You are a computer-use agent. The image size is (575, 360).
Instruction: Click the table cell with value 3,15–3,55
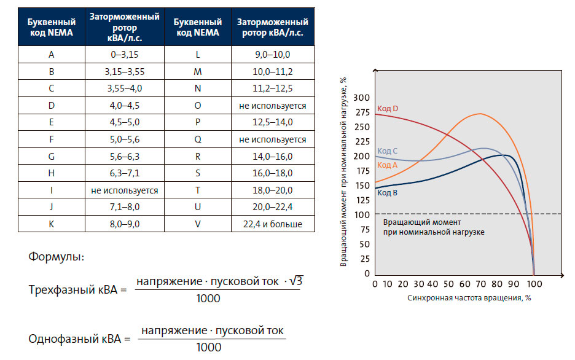pyautogui.click(x=125, y=71)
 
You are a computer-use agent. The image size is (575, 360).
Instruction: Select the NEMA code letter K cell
pyautogui.click(x=52, y=224)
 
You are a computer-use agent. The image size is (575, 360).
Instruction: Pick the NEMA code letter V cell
pyautogui.click(x=197, y=224)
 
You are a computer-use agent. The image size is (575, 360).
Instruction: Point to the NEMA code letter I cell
pyautogui.click(x=52, y=190)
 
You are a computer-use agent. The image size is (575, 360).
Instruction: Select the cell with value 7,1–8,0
pyautogui.click(x=125, y=207)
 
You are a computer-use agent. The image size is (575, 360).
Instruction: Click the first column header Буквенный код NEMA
pyautogui.click(x=52, y=28)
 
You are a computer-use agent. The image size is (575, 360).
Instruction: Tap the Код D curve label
pyautogui.click(x=388, y=109)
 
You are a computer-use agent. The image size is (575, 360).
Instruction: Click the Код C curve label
pyautogui.click(x=387, y=151)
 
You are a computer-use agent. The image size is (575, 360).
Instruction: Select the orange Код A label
pyautogui.click(x=387, y=165)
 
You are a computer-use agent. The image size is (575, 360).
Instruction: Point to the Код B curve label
pyautogui.click(x=387, y=192)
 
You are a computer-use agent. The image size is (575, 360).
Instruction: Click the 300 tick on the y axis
pyautogui.click(x=362, y=98)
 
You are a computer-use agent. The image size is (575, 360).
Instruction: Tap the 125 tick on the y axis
pyautogui.click(x=362, y=200)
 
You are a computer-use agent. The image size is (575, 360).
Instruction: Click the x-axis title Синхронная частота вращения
pyautogui.click(x=468, y=298)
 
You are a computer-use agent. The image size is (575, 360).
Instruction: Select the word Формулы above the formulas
pyautogui.click(x=57, y=257)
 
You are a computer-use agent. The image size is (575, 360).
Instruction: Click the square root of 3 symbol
pyautogui.click(x=296, y=281)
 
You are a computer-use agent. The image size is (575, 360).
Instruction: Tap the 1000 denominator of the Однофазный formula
pyautogui.click(x=209, y=348)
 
